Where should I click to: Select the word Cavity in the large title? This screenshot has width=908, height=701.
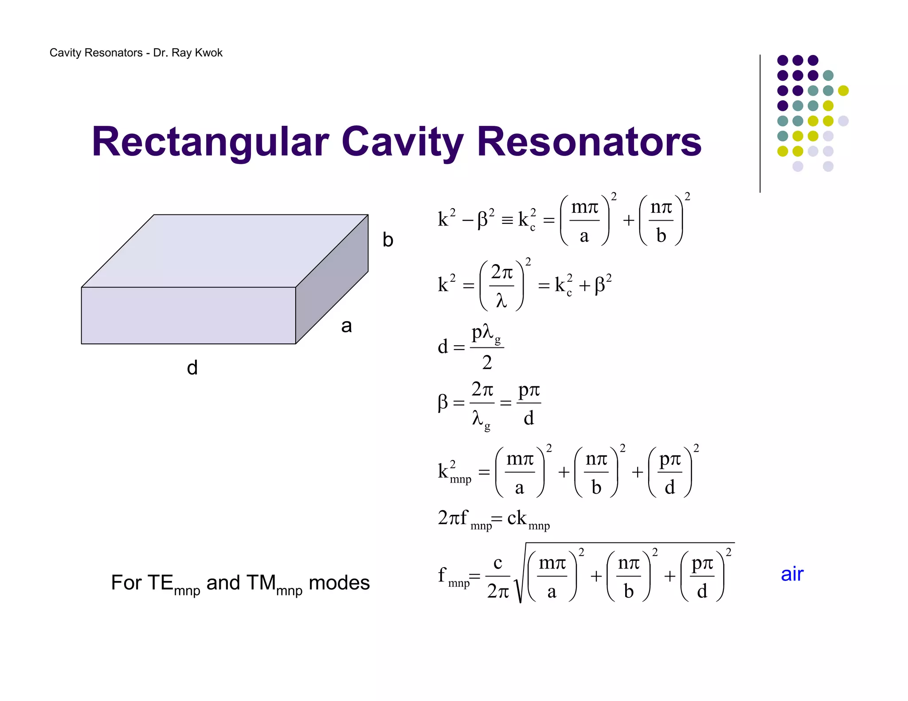(403, 143)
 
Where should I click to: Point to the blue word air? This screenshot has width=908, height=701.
(792, 574)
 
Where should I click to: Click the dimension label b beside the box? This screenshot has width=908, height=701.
(388, 240)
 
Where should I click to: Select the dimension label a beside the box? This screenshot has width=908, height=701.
(346, 326)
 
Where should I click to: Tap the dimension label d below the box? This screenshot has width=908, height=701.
(192, 368)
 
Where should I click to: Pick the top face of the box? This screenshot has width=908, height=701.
(225, 250)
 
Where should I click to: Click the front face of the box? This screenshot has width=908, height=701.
(188, 315)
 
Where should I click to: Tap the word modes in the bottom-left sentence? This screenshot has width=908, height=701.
(339, 583)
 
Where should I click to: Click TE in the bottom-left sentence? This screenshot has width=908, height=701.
(160, 583)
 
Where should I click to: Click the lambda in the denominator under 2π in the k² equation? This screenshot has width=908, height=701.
(501, 301)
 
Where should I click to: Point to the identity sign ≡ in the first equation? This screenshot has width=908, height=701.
(507, 220)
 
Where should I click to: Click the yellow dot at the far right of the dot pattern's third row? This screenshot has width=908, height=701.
(843, 90)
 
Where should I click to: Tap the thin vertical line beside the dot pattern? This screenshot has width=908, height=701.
(760, 124)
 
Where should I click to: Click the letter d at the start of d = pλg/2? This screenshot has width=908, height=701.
(442, 347)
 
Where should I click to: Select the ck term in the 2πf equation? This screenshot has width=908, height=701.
(517, 518)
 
